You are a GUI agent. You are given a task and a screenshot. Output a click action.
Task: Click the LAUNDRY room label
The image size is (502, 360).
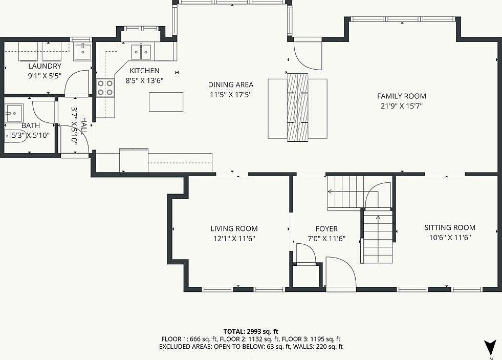(x=45, y=66)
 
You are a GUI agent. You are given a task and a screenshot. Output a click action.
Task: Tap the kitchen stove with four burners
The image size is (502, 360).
(x=105, y=88)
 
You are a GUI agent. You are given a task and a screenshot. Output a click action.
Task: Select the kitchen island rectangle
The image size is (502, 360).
(x=166, y=101)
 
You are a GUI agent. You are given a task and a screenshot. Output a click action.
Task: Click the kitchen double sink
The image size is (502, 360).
(x=141, y=52)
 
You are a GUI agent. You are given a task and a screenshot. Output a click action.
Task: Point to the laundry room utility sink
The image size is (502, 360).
(x=82, y=51)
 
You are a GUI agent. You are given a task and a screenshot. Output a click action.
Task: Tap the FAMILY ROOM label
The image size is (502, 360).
(x=401, y=96)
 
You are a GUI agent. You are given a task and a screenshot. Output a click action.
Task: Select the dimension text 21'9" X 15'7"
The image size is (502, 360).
(x=401, y=106)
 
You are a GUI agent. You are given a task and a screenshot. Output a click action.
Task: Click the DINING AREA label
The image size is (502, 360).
(x=230, y=84)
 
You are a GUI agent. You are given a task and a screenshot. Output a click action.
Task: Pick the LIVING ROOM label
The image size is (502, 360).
(x=234, y=228)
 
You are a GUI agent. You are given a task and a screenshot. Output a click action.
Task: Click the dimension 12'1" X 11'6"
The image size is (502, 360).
(x=234, y=238)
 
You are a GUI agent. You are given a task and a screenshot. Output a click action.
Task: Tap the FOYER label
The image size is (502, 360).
(x=326, y=228)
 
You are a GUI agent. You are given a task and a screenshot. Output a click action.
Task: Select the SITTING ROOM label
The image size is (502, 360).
(x=449, y=227)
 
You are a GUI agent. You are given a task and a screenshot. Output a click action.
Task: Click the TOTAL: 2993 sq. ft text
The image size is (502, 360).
(x=251, y=331)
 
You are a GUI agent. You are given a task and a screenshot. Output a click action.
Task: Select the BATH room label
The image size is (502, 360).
(x=31, y=125)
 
